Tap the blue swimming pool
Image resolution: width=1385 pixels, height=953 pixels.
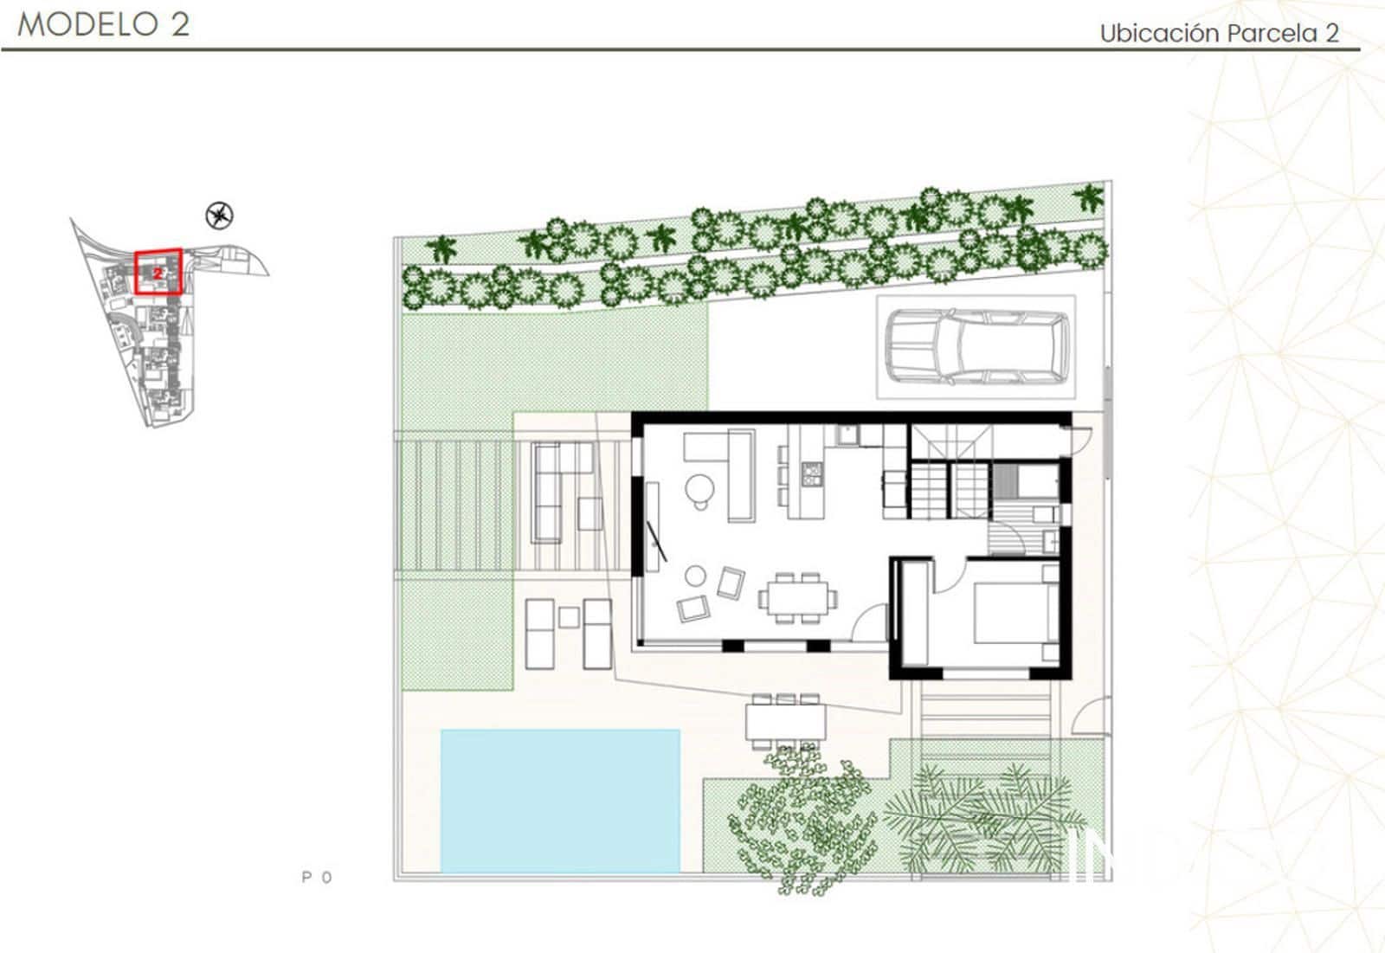point(560,800)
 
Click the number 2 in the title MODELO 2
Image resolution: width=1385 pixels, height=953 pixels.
point(179,24)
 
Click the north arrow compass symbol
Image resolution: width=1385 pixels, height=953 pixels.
point(220,215)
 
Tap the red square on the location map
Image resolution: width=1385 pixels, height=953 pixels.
point(158,272)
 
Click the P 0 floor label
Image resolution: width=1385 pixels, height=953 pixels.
point(316,877)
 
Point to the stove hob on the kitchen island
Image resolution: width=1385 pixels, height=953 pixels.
point(811,473)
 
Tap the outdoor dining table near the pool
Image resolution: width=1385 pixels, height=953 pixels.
point(785,722)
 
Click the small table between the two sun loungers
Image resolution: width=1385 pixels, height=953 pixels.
point(569,617)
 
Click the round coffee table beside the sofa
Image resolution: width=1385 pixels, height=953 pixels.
point(698,490)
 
